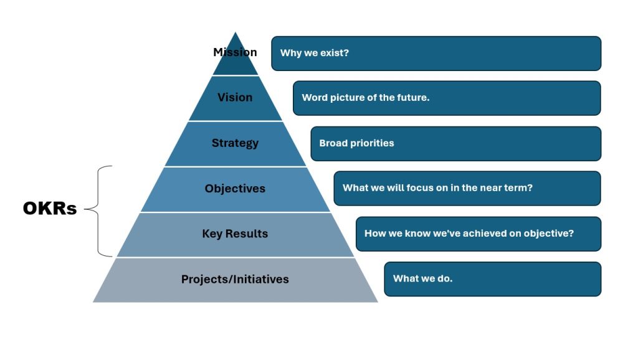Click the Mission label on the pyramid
pos(235,52)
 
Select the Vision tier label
pos(235,97)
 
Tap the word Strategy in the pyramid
pos(235,143)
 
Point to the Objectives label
pos(235,188)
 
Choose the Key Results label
pos(235,234)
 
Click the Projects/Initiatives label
pos(235,279)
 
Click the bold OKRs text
pos(50,208)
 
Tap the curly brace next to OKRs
pos(98,211)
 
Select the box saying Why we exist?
pos(436,54)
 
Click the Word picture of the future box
pos(447,98)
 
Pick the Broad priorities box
pos(455,144)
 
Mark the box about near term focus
pos(467,188)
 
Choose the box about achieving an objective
pos(478,234)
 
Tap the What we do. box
pos(493,279)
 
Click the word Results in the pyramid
pos(247,234)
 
